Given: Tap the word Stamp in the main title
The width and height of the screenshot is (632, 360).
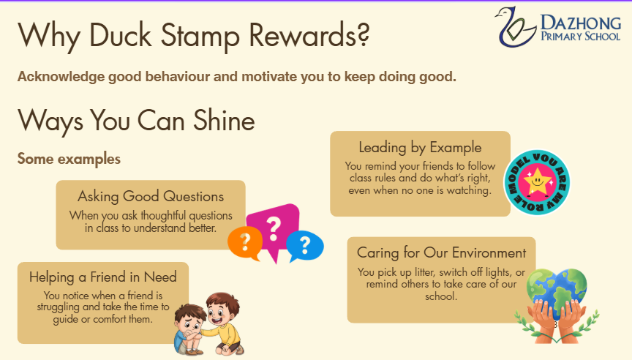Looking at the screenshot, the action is click(x=200, y=36).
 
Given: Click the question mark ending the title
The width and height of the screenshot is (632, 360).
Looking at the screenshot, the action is click(x=362, y=34).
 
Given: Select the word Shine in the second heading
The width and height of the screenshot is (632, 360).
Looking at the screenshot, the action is click(x=224, y=120).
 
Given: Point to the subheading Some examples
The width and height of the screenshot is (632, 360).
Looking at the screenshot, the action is click(x=69, y=159).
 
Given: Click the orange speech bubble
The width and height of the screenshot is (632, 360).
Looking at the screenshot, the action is click(x=245, y=243).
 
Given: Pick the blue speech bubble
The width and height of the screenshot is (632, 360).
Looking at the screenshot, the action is click(x=305, y=246).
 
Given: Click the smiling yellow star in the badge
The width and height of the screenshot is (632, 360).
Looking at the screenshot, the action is click(x=537, y=181).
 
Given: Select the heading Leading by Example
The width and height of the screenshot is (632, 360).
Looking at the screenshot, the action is click(x=420, y=148).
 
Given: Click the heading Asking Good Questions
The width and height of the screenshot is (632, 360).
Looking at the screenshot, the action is click(x=151, y=196).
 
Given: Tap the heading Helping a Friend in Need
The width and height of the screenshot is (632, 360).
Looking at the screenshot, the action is click(x=103, y=277).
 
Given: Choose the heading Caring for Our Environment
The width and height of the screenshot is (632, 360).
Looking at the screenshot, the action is click(x=441, y=252).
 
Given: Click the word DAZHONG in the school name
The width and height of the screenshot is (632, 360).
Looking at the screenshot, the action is click(x=581, y=23).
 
